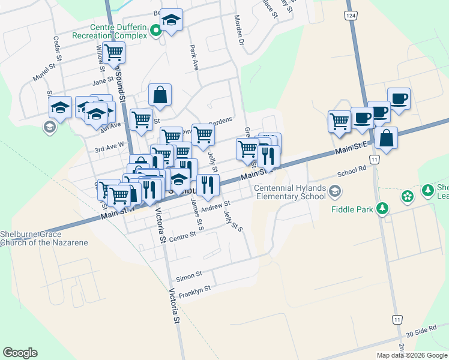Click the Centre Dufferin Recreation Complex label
(x=118, y=31)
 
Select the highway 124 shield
(x=351, y=14)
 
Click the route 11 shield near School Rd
(x=375, y=160)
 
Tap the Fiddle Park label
(x=352, y=209)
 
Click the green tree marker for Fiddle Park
(x=382, y=209)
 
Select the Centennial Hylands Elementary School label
(x=290, y=192)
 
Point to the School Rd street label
(x=351, y=171)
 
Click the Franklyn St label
(x=194, y=290)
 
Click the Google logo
(x=20, y=353)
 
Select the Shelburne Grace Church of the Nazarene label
(x=44, y=238)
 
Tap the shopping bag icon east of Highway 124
(x=386, y=139)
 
